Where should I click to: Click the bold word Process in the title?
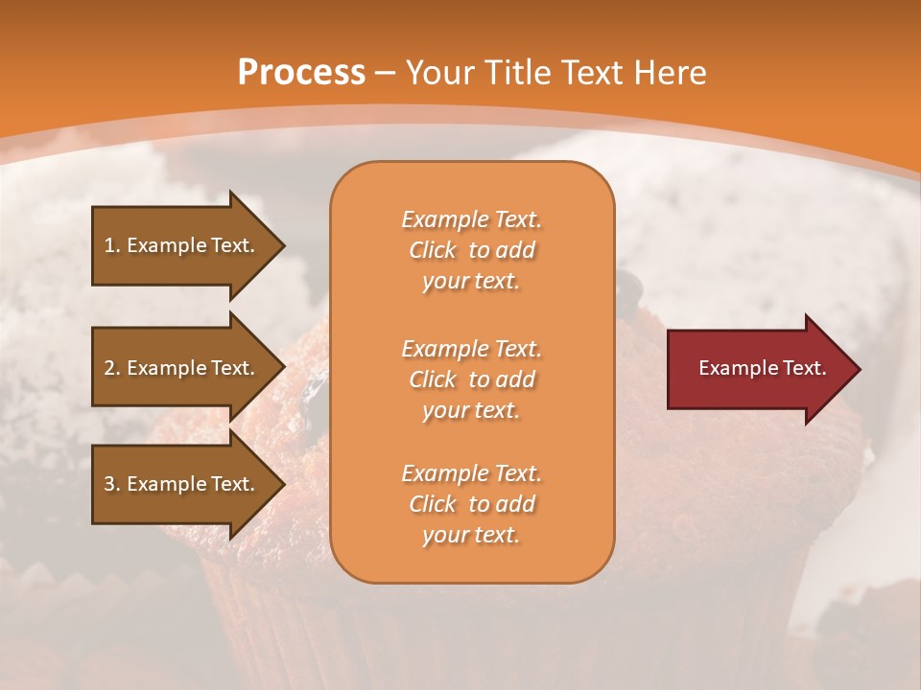coord(301,73)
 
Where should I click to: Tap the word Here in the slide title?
coord(669,73)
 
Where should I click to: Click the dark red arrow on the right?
coord(758,369)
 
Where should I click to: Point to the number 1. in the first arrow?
coord(112,245)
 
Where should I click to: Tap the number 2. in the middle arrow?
coord(112,368)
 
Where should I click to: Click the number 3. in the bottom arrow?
coord(112,484)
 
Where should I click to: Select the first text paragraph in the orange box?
coord(471,250)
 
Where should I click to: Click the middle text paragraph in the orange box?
coord(471,379)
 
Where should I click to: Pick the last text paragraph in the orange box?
coord(471,504)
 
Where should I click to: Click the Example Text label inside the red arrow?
coord(762,368)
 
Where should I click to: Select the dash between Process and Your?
coord(386,73)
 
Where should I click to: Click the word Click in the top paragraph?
coord(433,250)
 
